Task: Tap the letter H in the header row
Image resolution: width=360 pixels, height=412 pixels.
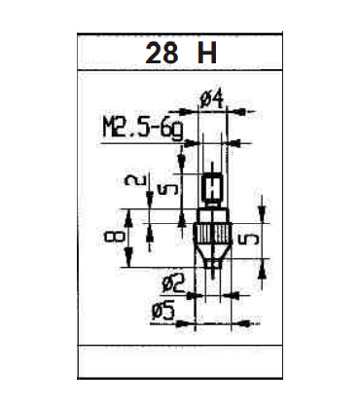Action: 205,55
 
